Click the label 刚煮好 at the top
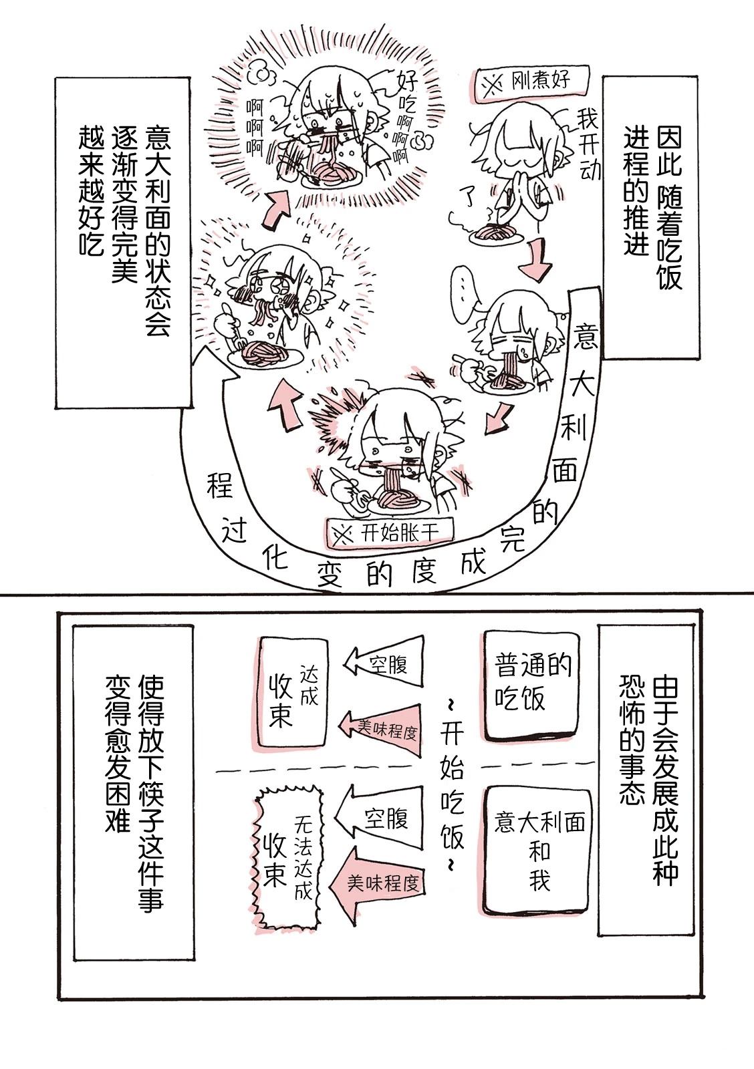pyautogui.click(x=530, y=83)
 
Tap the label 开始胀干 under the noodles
pyautogui.click(x=389, y=532)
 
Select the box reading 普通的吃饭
pyautogui.click(x=531, y=685)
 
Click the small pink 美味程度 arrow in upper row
pyautogui.click(x=380, y=730)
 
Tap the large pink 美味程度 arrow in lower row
pyautogui.click(x=380, y=883)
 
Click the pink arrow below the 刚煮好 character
pyautogui.click(x=537, y=260)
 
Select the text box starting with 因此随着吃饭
pyautogui.click(x=650, y=217)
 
